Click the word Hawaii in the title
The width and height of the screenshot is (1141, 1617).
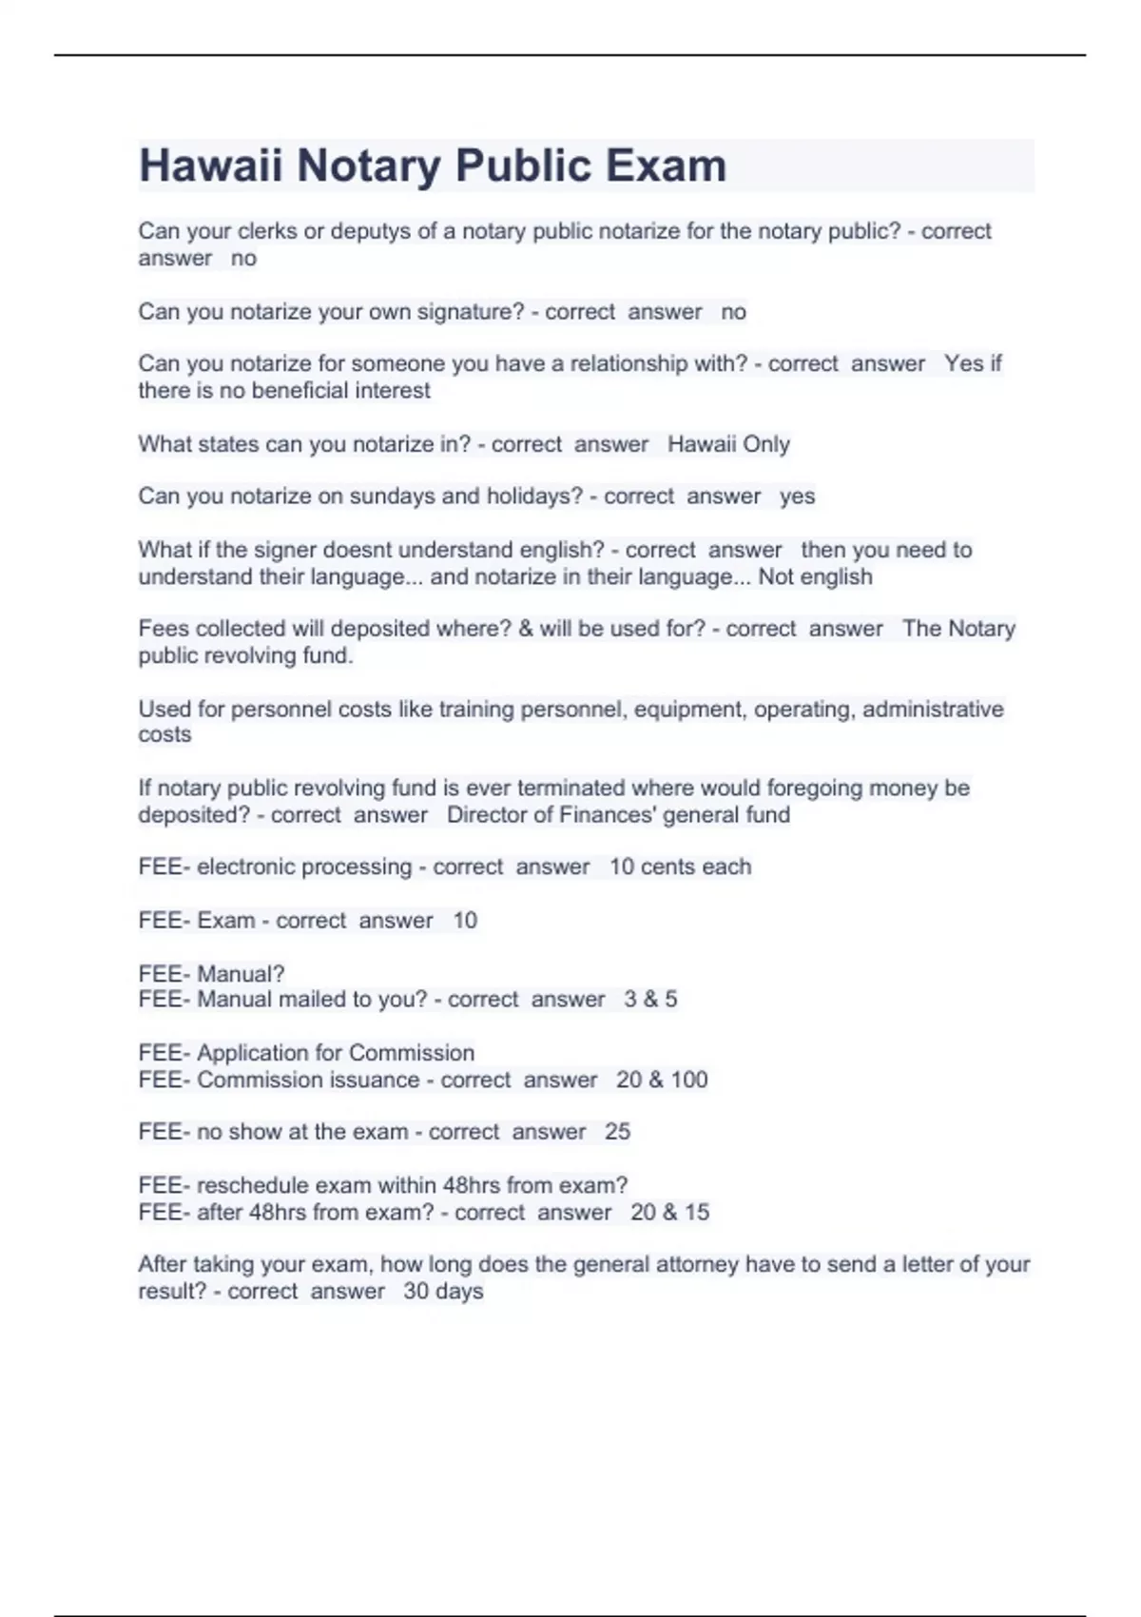[x=210, y=166]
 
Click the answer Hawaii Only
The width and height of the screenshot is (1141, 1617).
[x=728, y=444]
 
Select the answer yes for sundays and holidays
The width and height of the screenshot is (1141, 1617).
[x=797, y=497]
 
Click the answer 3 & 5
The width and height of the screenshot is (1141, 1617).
[x=650, y=1000]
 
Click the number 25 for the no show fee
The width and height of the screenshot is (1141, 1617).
[x=617, y=1132]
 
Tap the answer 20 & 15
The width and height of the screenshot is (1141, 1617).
[x=669, y=1213]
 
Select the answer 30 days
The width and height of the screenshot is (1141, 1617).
[x=443, y=1292]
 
